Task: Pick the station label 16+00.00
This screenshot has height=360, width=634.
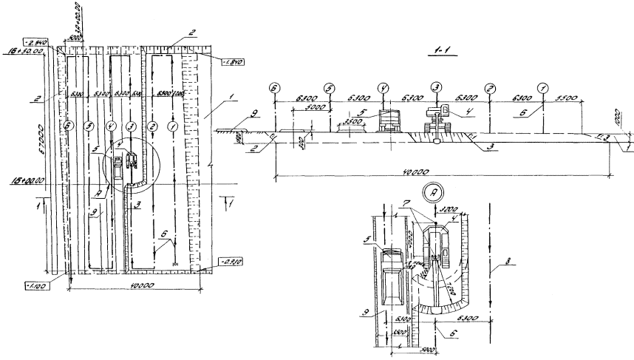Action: [x=25, y=180]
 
